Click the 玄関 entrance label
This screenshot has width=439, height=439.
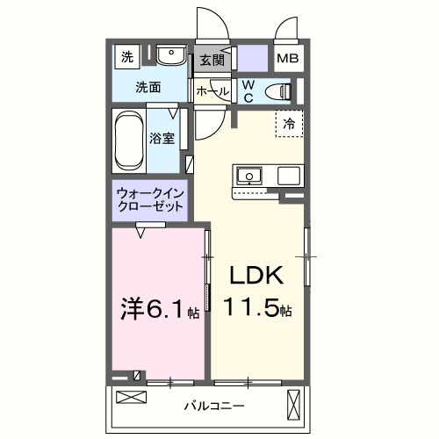coord(212,61)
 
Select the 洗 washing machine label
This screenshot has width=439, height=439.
coord(127,58)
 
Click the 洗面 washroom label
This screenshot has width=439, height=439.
coord(148,87)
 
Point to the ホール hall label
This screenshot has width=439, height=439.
coord(212,91)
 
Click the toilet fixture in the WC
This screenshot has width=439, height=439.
coord(279,90)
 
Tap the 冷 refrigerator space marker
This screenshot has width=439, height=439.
coord(288,125)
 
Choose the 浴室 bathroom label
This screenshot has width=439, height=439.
coord(161,138)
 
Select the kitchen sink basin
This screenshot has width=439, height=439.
coord(248,176)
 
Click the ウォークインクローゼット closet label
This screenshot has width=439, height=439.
coord(150,199)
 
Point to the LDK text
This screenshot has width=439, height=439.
coord(255,277)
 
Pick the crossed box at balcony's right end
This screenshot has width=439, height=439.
coord(293,406)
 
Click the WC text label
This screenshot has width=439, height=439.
coord(248,90)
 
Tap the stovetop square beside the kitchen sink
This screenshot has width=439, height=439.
coord(289,176)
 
